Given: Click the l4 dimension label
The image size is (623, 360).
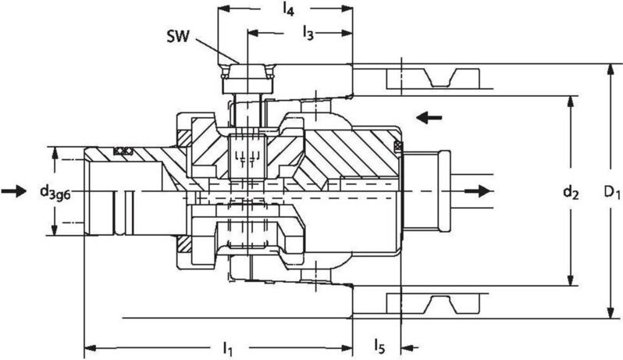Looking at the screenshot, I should (288, 10).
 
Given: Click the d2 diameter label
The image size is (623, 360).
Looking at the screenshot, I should (574, 191).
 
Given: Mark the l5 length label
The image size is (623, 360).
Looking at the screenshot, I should (378, 344).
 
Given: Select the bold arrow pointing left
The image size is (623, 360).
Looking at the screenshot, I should (429, 118).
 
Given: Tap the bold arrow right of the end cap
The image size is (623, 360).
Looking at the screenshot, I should (478, 191).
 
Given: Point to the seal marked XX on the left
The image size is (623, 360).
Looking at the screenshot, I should (123, 151).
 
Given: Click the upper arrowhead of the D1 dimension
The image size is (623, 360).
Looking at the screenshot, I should (609, 71).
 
